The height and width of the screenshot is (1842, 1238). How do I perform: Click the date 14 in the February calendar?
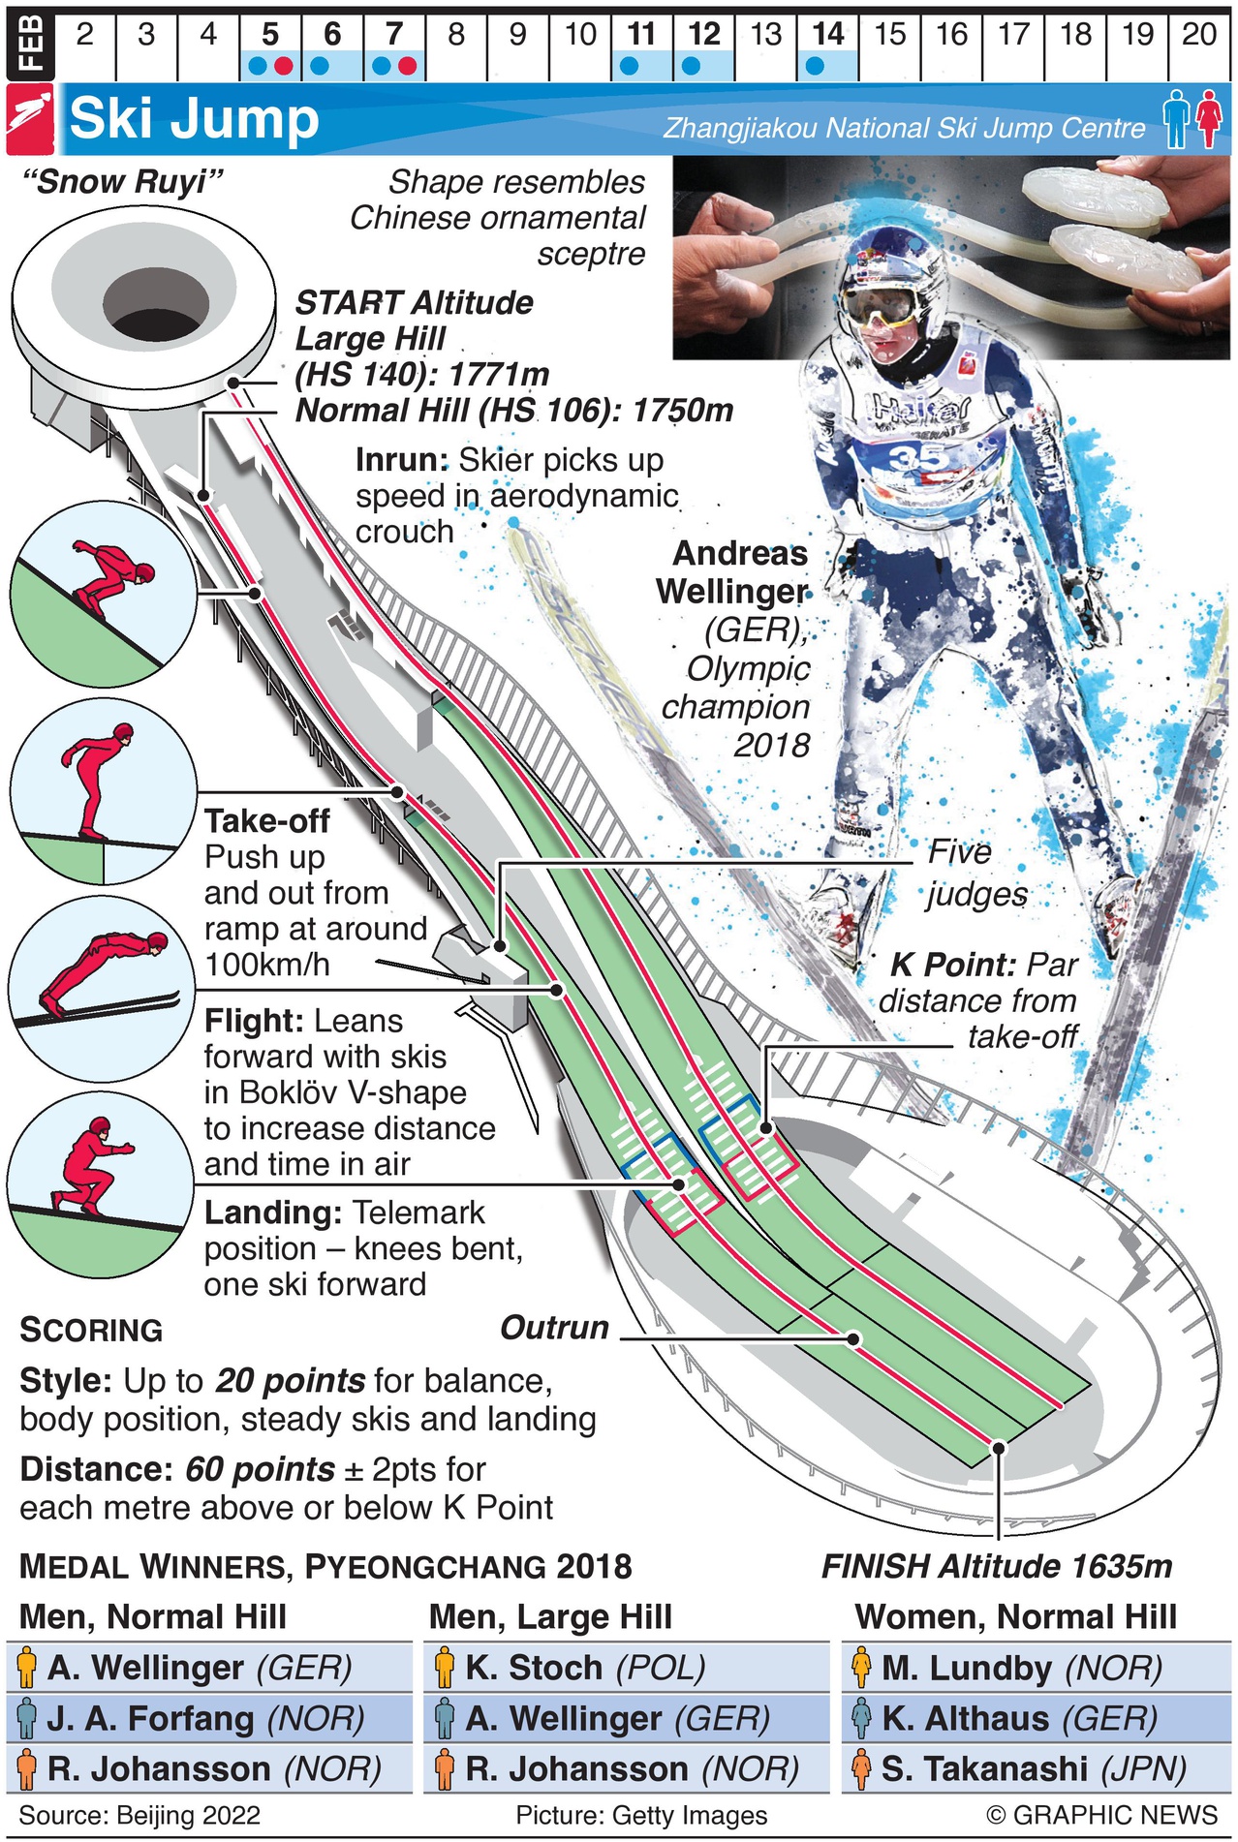point(828,35)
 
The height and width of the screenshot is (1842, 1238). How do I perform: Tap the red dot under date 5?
point(283,67)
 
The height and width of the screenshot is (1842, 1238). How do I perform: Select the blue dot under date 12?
point(691,67)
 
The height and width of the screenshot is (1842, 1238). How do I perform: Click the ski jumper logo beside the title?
point(30,119)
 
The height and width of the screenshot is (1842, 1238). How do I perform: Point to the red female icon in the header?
point(1208,118)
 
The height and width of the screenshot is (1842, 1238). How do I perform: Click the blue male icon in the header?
point(1176,118)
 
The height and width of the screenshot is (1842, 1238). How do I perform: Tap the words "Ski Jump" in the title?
point(194,119)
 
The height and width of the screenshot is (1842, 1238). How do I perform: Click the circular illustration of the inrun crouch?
point(104,594)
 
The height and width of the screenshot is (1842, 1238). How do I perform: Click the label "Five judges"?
point(975,873)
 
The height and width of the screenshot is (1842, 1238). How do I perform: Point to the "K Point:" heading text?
point(952,965)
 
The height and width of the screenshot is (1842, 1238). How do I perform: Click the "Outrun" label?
point(554,1328)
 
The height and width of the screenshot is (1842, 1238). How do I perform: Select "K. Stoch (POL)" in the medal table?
point(585,1668)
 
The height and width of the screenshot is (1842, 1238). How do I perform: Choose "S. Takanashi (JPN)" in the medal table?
point(1034,1768)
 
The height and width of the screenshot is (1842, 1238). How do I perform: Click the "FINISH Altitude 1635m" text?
point(997,1566)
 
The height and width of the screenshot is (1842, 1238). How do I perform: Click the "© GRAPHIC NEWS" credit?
point(1101,1815)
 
